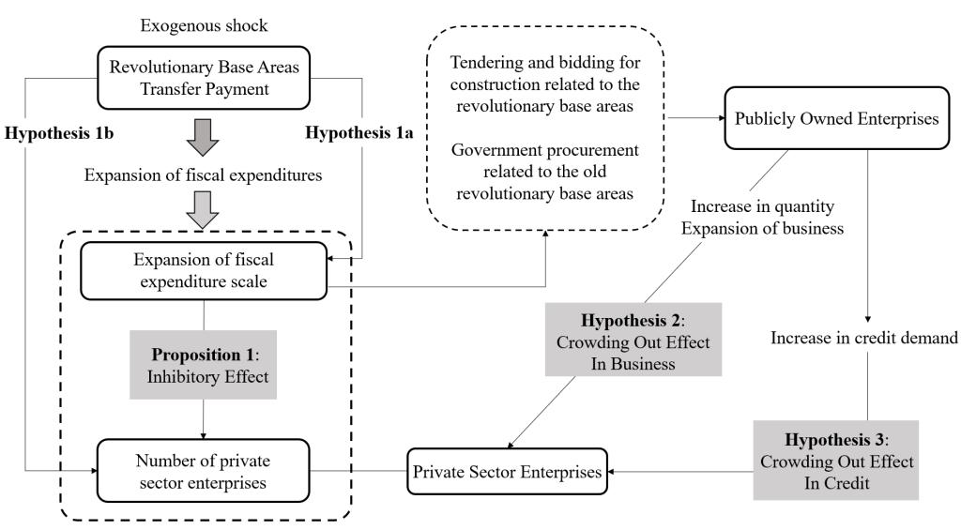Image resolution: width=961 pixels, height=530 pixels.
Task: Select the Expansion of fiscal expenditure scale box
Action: [203, 269]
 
